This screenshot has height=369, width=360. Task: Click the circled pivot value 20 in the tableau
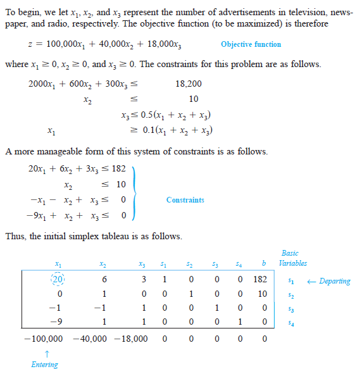coord(58,279)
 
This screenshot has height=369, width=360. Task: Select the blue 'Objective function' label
coord(251,44)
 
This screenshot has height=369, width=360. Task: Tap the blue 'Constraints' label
coord(185,200)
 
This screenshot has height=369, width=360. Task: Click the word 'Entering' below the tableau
coord(44,364)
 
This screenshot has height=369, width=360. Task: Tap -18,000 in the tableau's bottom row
coord(132,339)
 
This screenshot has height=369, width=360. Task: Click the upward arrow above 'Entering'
coord(44,353)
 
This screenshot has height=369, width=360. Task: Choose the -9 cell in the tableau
coord(58,323)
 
